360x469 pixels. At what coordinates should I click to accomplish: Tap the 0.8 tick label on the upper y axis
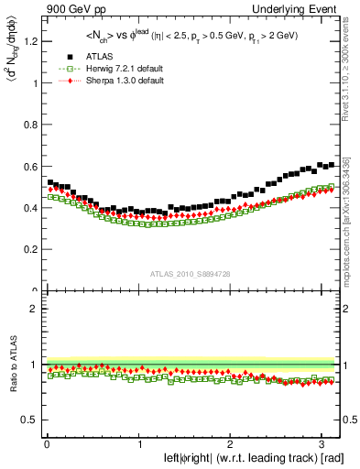pyautogui.click(x=30, y=125)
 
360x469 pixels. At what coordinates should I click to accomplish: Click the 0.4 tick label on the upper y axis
pyautogui.click(x=30, y=208)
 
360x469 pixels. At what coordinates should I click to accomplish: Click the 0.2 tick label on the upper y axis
pyautogui.click(x=30, y=249)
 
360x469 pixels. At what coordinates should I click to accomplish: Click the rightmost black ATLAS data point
pyautogui.click(x=330, y=165)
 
